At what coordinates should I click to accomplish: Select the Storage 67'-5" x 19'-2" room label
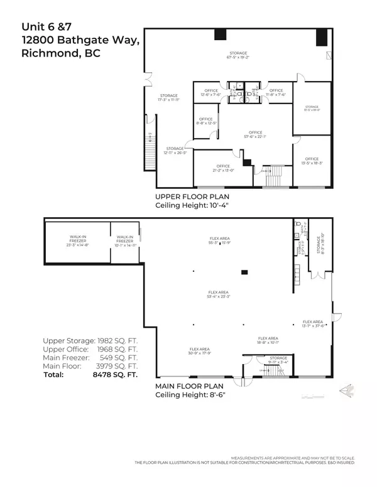pos(238,55)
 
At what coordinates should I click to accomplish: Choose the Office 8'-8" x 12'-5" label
pos(205,121)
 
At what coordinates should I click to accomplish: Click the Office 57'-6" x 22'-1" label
pos(255,134)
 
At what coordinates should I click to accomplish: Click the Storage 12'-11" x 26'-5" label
pos(175,151)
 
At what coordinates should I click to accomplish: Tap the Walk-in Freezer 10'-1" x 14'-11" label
pos(124,242)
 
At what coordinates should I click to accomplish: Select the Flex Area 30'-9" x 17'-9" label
pos(200,351)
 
